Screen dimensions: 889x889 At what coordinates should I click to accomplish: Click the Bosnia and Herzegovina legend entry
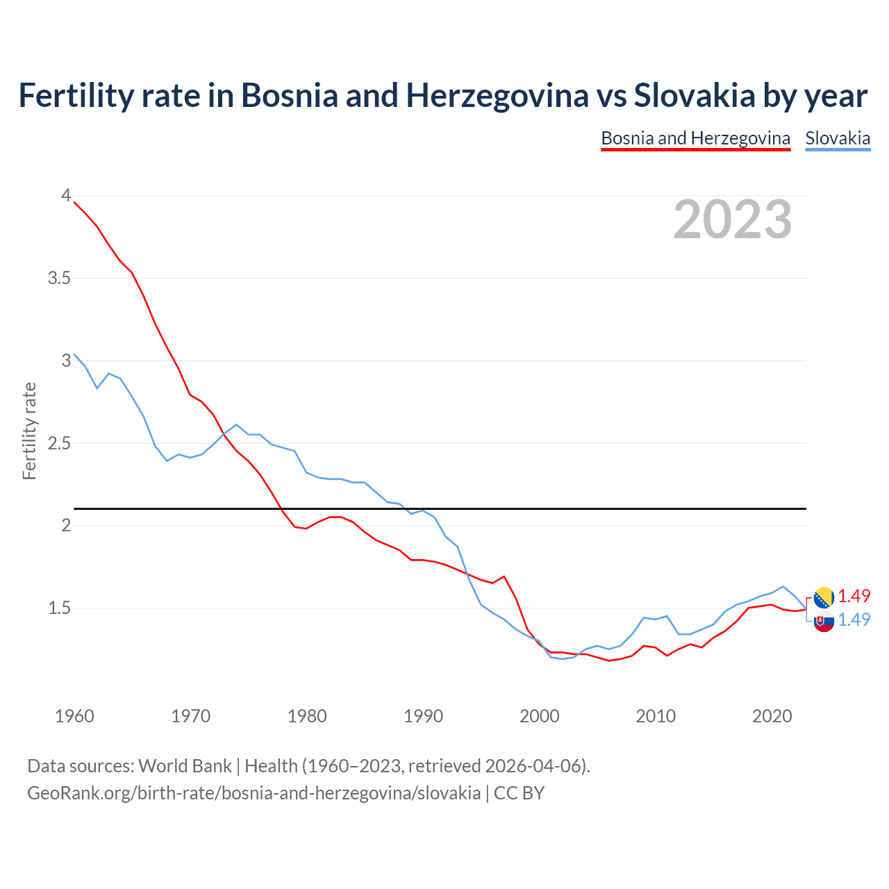pos(695,138)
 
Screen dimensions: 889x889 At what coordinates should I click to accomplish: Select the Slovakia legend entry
pos(838,138)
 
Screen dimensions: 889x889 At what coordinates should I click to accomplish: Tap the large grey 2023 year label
pos(733,219)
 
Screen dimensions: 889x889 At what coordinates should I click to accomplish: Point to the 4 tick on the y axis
pos(66,196)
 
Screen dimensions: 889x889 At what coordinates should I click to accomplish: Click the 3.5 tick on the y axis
pos(60,279)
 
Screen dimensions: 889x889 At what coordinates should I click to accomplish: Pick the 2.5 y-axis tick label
pos(60,443)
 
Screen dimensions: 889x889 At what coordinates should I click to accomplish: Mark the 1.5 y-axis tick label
pos(60,608)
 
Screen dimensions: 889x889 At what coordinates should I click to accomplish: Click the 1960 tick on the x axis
pos(74,716)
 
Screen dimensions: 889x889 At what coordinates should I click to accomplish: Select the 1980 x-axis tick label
pos(307,716)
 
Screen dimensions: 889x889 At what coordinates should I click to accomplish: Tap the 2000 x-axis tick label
pos(540,716)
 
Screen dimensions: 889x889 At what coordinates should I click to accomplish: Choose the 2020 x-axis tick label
pos(772,716)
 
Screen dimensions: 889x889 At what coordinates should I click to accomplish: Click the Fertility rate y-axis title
pos(29,431)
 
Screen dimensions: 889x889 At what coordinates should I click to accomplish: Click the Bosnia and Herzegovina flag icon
pos(824,597)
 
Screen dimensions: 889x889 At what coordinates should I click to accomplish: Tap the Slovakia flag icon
pos(824,622)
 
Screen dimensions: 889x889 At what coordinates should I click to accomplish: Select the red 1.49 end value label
pos(854,596)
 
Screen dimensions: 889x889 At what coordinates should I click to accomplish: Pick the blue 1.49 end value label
pos(854,620)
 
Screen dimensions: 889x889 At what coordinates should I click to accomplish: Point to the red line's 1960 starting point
pos(74,202)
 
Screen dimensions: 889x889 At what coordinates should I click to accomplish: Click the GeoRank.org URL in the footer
pos(254,793)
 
